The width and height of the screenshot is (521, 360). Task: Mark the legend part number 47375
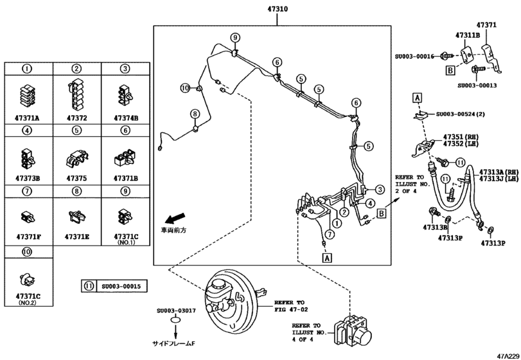coord(76,178)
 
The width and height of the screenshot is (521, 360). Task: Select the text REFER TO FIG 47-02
coord(290,304)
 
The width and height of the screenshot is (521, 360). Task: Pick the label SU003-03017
coord(175,310)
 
